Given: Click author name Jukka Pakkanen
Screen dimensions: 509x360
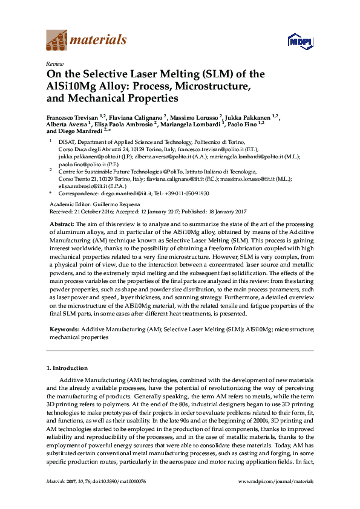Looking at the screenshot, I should [250, 116].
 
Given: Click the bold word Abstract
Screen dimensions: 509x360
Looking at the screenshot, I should [62, 224].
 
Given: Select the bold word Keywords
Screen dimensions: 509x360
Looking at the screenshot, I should [63, 329].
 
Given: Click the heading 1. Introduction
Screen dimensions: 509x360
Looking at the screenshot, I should [67, 368].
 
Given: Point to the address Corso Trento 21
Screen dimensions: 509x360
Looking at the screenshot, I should [78, 179].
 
